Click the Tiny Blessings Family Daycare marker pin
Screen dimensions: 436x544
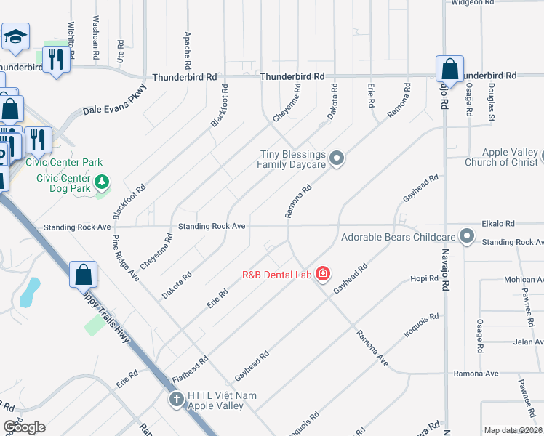336,157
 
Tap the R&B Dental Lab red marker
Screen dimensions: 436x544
323,275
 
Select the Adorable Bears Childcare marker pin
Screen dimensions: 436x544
467,237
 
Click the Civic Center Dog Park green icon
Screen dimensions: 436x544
103,180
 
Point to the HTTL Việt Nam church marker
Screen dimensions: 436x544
176,400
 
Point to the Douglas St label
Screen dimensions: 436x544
492,102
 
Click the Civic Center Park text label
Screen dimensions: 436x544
64,162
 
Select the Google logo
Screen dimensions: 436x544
24,427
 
